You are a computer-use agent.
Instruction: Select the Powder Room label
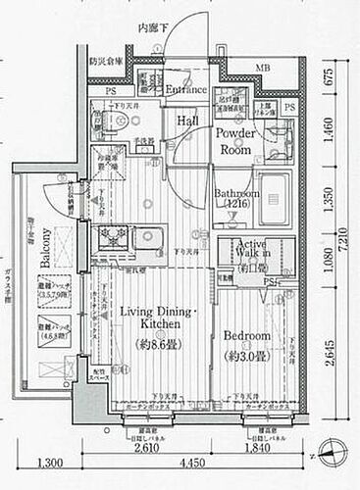(235, 139)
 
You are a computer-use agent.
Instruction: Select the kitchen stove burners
(107, 239)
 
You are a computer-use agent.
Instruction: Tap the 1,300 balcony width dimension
(52, 464)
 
